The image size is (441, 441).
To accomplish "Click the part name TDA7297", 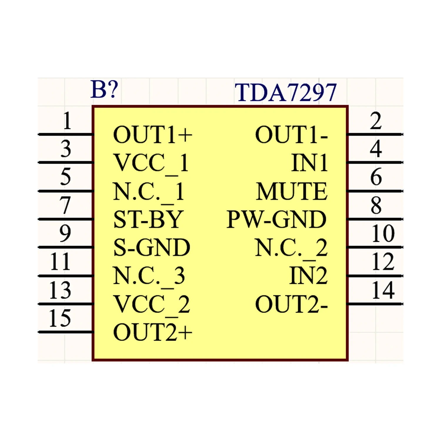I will click(285, 92).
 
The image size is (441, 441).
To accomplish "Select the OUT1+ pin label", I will click(153, 135).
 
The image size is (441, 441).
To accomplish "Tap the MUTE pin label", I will click(291, 191).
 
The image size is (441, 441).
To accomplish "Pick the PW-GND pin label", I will click(276, 219).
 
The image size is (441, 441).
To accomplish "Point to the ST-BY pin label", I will click(148, 219).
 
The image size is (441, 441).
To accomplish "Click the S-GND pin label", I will click(152, 248).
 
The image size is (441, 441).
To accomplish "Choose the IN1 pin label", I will click(309, 163).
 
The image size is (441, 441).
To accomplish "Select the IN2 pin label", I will click(308, 276).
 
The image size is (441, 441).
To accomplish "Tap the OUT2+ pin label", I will click(153, 332).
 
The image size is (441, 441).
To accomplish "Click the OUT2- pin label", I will click(291, 304).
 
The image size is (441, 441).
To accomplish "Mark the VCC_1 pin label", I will click(151, 163).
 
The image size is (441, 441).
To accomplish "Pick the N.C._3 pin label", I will click(149, 276).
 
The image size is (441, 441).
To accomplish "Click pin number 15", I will click(60, 318).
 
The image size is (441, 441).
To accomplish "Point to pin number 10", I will click(383, 234).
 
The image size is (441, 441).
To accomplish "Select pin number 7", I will click(65, 205).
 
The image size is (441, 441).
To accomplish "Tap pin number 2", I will click(376, 121).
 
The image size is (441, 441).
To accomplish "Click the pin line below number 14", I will click(375, 304).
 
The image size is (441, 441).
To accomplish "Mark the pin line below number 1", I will click(66, 134).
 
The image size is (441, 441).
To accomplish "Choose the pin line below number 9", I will click(66, 247).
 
